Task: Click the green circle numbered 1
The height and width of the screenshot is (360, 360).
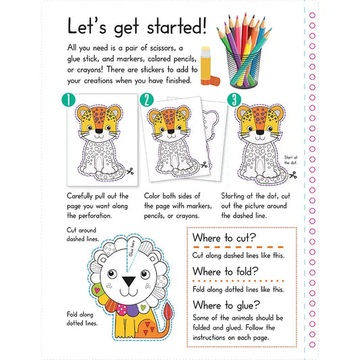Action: pos(68,100)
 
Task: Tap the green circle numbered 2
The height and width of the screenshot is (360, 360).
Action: pos(147,100)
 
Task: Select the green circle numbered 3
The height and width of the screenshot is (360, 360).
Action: pos(234,100)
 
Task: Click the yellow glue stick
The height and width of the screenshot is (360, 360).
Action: pos(205,66)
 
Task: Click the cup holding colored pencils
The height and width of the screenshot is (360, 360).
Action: pos(244,68)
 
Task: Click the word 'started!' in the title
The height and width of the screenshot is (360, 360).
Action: pos(176,27)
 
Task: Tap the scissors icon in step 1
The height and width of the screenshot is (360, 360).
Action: pos(130,171)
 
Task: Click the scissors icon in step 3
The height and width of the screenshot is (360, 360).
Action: pos(292,175)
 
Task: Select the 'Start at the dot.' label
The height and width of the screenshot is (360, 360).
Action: pos(290,160)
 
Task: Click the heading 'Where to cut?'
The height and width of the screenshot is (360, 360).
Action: pos(224,238)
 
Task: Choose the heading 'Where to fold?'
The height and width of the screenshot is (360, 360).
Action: pos(226,272)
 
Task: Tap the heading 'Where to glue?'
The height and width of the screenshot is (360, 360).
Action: pos(226,305)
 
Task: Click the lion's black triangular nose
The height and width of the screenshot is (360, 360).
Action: pos(128,281)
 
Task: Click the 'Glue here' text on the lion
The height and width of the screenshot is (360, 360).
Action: pos(132,248)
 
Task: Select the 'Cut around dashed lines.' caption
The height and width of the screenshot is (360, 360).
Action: pos(82,234)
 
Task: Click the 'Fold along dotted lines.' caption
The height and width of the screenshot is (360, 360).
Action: pos(82,318)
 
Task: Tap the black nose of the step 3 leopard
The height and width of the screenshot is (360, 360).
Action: pos(260,132)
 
